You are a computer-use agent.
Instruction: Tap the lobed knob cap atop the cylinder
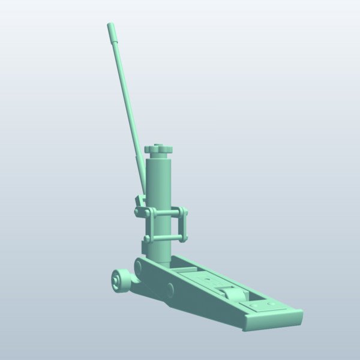(158, 149)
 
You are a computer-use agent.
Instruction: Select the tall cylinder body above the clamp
(159, 180)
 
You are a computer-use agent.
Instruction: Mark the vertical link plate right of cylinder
(182, 225)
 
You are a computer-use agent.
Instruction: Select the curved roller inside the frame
(230, 295)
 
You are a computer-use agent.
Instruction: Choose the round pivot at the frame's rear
(139, 265)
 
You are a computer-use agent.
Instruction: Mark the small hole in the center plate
(208, 280)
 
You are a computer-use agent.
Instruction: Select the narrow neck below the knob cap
(158, 154)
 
